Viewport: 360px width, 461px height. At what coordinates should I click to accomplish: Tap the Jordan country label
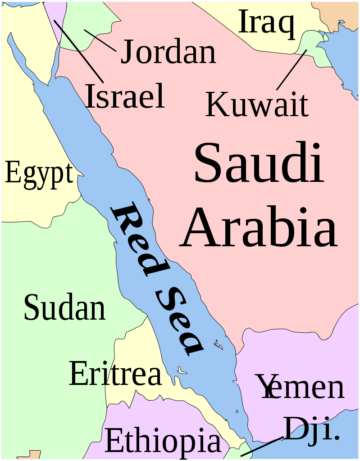(168, 52)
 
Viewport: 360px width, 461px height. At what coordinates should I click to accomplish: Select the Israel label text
(125, 96)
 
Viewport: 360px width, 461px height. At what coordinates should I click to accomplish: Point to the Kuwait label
(257, 104)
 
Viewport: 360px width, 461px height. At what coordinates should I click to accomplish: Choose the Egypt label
(39, 174)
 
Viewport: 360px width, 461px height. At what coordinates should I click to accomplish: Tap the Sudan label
(64, 308)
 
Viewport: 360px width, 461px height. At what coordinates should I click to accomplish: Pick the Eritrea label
(115, 374)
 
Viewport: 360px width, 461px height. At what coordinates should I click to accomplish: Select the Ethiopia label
(163, 441)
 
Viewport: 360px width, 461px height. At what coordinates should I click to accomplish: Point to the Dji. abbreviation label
(311, 429)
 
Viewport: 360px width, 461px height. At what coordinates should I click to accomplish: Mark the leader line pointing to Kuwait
(291, 70)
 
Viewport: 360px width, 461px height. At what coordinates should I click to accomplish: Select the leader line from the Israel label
(79, 51)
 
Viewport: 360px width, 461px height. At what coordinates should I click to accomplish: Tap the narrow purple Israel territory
(59, 23)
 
